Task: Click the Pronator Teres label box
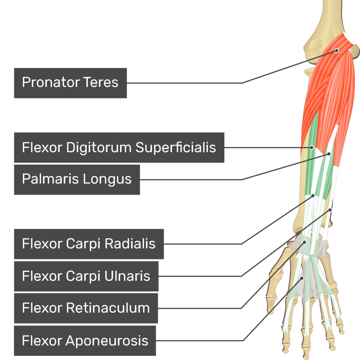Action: click(x=70, y=83)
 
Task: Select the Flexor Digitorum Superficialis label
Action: click(x=119, y=148)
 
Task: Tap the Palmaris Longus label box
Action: click(x=77, y=179)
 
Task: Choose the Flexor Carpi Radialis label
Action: click(x=89, y=244)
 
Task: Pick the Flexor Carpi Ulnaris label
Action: click(x=86, y=276)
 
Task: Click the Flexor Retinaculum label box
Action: click(x=86, y=308)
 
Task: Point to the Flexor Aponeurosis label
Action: click(x=85, y=341)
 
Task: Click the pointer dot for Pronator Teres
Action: click(x=336, y=50)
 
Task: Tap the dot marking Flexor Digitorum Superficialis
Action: click(x=311, y=147)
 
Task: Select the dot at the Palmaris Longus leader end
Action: click(x=329, y=154)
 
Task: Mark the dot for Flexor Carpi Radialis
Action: click(x=313, y=195)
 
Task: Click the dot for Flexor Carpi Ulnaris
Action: click(x=330, y=210)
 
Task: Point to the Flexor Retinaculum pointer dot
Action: click(x=304, y=242)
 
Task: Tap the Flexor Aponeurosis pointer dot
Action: click(x=302, y=278)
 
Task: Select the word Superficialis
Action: click(x=176, y=148)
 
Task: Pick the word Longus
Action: click(x=108, y=179)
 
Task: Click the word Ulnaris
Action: click(x=127, y=276)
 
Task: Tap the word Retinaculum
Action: click(x=108, y=308)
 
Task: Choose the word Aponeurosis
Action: click(x=107, y=341)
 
